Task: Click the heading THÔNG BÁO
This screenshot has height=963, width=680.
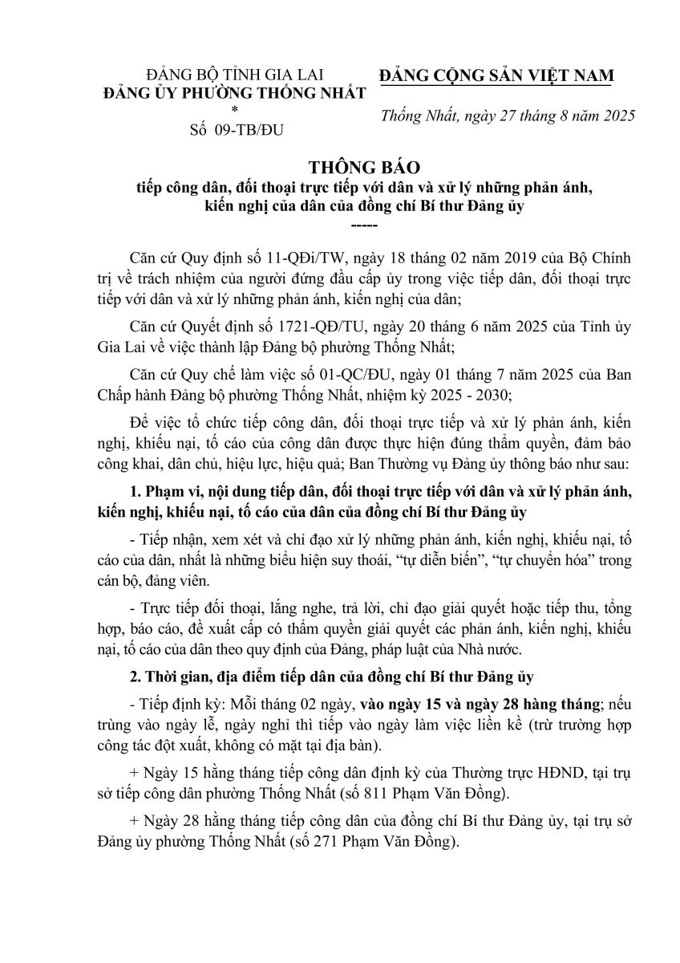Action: tap(340, 169)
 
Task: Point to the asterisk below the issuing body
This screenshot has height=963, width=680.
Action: tap(234, 109)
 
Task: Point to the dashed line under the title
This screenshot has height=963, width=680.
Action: tap(340, 225)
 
